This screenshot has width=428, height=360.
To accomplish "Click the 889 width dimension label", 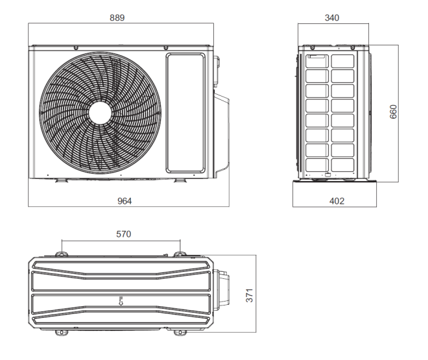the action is coord(117,18).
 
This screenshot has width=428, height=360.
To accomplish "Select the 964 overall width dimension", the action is coord(125,201).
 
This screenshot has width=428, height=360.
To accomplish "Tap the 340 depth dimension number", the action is coord(332,18).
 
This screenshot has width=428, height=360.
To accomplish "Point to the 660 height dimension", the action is coord(393,112).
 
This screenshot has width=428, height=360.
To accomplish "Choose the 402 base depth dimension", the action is coord(337,201).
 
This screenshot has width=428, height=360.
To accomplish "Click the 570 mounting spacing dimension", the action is coord(124,234).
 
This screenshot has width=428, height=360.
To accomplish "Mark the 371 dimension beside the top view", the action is coord(250,295).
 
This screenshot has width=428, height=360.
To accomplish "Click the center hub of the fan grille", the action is coord(100,113).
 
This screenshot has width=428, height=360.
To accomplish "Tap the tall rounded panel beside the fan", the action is coord(185,113).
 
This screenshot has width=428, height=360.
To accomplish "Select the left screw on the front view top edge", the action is coord(76,48).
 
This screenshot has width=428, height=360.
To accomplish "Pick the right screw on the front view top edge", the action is coord(165,48).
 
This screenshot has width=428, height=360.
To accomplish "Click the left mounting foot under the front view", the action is coord(62,180).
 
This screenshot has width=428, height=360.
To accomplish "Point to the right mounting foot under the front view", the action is coord(180,180).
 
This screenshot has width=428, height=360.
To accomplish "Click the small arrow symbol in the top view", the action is coord(121,301).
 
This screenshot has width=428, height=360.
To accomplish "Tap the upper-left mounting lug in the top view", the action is coord(62,254).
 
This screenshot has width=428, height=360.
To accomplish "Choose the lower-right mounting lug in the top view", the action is coord(180,333).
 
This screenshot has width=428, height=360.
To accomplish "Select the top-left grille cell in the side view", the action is coord(317,61).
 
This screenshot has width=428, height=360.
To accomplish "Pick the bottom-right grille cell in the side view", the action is coord(342,165).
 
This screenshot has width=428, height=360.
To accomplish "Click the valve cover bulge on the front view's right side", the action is coord(222,135).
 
